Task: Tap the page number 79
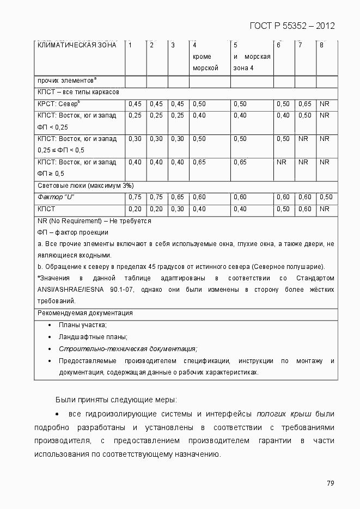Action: (x=330, y=483)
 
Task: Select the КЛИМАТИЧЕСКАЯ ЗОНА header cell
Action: (x=76, y=45)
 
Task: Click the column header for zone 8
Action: (x=321, y=45)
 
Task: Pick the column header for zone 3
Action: (x=173, y=45)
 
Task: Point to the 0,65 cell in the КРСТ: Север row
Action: (x=304, y=103)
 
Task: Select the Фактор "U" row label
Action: (x=55, y=197)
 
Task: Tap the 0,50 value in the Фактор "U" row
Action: (x=325, y=197)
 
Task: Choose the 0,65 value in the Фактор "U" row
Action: (x=177, y=197)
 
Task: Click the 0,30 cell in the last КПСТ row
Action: (x=177, y=209)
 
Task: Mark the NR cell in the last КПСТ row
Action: (x=325, y=209)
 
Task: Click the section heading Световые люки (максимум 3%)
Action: (x=85, y=186)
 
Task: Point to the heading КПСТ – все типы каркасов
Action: (x=78, y=92)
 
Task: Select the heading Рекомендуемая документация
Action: (x=84, y=313)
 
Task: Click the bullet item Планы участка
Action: (x=83, y=325)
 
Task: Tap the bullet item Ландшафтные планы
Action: (x=93, y=337)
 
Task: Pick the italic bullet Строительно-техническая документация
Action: (x=128, y=349)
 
